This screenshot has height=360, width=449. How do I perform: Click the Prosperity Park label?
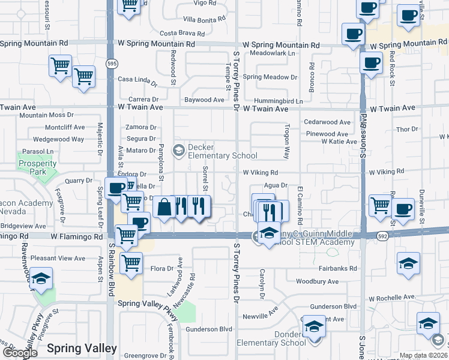[x=33, y=167]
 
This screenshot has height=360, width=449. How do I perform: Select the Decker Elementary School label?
[x=214, y=151]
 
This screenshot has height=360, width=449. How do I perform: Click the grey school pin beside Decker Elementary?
[x=178, y=151]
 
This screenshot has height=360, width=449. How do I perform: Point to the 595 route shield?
[x=111, y=63]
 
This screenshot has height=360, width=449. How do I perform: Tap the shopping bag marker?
[x=164, y=207]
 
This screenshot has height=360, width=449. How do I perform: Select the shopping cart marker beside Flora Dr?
[x=131, y=262]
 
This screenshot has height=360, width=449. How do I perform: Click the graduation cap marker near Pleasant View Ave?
[x=41, y=278]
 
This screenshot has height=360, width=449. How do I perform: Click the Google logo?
[x=20, y=353]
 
